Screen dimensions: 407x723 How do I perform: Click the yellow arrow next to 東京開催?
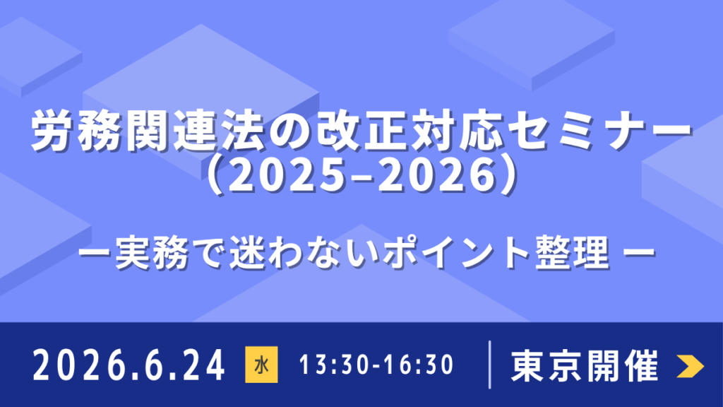[689, 365]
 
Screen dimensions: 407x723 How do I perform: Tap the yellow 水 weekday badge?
[261, 366]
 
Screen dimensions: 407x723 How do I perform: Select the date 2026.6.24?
[129, 366]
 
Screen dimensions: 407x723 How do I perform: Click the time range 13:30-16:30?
[376, 366]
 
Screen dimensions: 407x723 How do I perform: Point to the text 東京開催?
[585, 366]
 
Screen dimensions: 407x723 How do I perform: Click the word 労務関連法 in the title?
[114, 131]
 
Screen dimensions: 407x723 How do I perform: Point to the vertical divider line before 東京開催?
[490, 365]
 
